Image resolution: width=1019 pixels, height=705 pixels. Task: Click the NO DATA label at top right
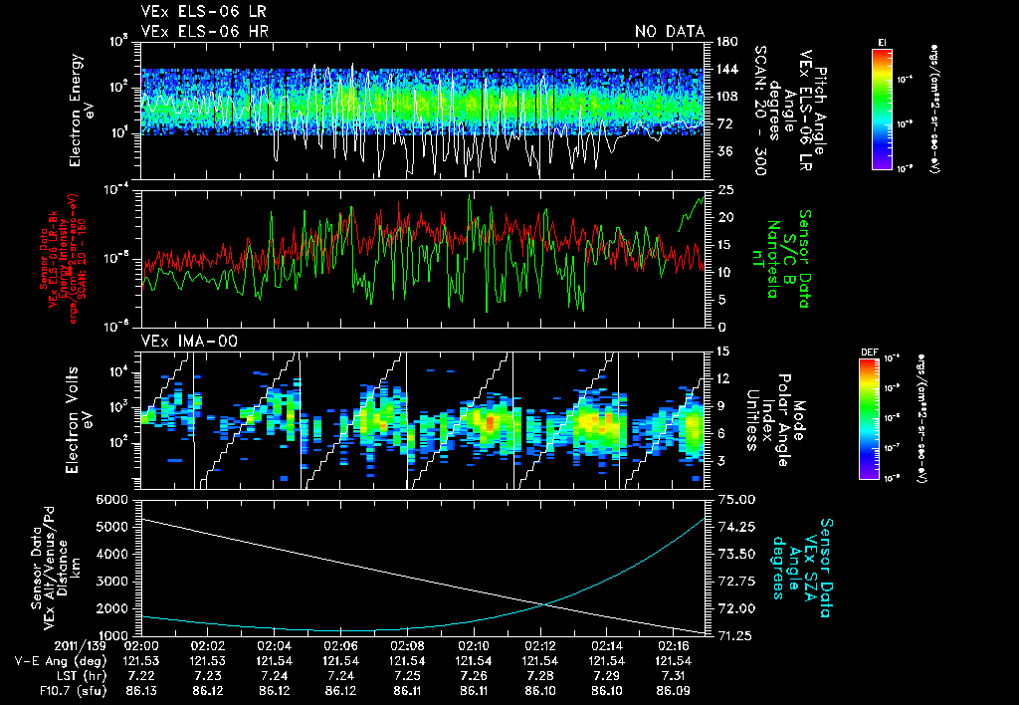click(x=669, y=32)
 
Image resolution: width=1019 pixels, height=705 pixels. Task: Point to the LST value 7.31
click(x=674, y=674)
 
